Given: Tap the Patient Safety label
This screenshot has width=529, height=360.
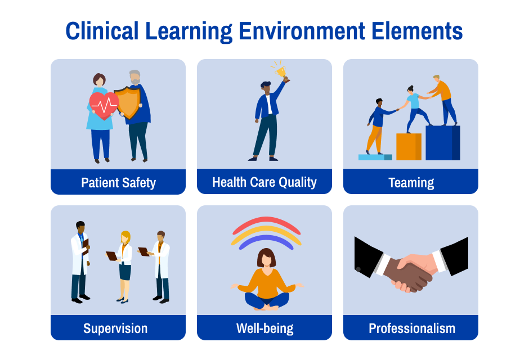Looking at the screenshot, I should (x=118, y=182).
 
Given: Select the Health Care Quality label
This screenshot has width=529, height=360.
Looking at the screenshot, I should (x=264, y=182).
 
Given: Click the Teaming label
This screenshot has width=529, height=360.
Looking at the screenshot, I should (x=411, y=182).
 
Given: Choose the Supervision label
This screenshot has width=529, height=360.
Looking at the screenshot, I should (x=115, y=328).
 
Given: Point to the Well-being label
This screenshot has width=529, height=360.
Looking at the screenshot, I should (x=264, y=328).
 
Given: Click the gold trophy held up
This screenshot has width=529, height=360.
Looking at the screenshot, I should (x=280, y=71).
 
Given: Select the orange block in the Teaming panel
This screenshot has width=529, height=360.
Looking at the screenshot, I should (x=409, y=147).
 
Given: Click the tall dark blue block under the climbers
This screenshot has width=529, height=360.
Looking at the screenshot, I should (x=442, y=143).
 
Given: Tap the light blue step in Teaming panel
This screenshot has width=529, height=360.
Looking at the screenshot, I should (x=375, y=157).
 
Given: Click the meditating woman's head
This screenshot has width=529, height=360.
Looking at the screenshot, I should (x=267, y=258).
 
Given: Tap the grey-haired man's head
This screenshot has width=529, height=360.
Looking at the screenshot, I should (x=135, y=78).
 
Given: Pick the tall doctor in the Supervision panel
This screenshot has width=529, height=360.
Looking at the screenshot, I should (x=80, y=262).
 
